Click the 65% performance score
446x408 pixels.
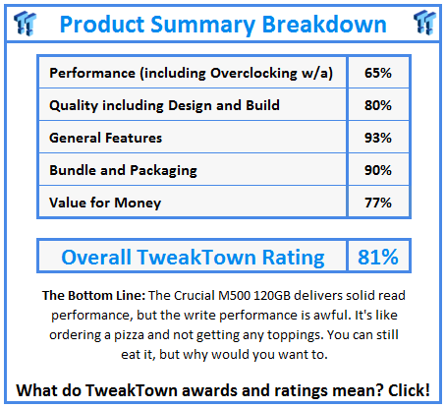click(x=378, y=73)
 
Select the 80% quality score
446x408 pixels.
click(x=378, y=105)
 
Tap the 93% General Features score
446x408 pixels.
click(x=378, y=138)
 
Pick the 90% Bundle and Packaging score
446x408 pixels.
click(x=378, y=170)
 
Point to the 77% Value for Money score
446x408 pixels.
click(x=378, y=203)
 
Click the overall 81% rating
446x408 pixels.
click(x=378, y=257)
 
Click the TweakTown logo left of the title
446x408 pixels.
click(x=25, y=23)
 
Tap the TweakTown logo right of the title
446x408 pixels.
click(x=424, y=23)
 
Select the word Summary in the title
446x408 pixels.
click(x=202, y=26)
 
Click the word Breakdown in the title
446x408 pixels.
click(x=324, y=25)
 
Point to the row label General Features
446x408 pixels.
click(x=105, y=138)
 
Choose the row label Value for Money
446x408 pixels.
click(x=105, y=203)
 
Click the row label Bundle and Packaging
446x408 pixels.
click(x=123, y=170)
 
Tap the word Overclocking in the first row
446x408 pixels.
click(x=253, y=73)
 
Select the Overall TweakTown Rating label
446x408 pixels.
click(x=193, y=257)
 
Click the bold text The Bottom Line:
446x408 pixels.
click(x=93, y=295)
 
